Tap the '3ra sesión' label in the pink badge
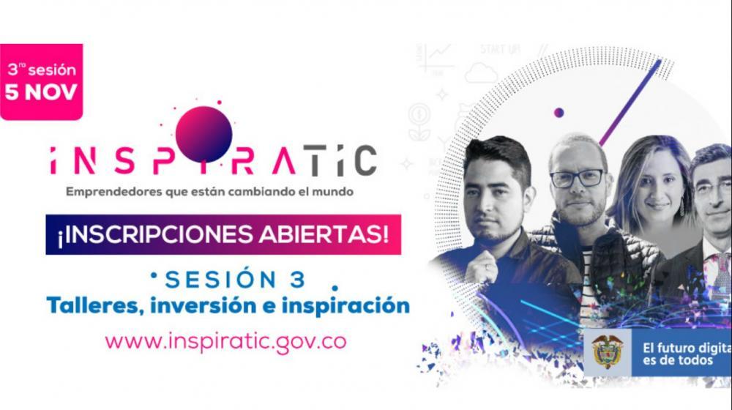(41, 71)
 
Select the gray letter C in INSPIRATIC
(363, 161)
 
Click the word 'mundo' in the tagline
(332, 193)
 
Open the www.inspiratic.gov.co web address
(225, 341)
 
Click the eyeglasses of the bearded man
(578, 177)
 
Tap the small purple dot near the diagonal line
(559, 113)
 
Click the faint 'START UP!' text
(500, 50)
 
